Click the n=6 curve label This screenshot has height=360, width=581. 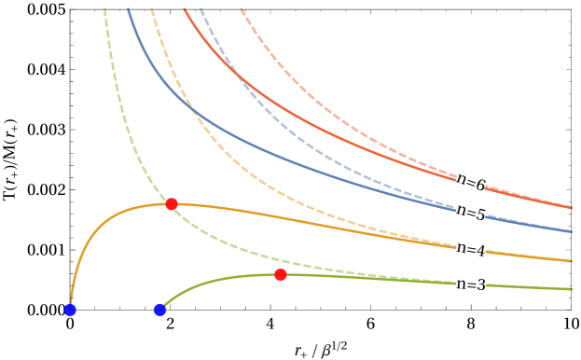tap(471, 182)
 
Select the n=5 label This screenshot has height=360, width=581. tap(471, 213)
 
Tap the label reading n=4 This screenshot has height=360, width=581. tap(471, 249)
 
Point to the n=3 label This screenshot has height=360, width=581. tap(471, 284)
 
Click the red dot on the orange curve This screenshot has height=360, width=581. tap(172, 203)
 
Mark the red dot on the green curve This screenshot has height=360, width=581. tap(281, 274)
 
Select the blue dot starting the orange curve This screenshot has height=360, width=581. tap(70, 310)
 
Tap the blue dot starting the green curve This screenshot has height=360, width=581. tap(159, 310)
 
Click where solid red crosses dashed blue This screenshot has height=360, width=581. tap(232, 70)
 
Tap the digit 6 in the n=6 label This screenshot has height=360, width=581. tap(480, 185)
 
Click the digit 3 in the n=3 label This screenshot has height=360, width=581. tap(480, 284)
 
